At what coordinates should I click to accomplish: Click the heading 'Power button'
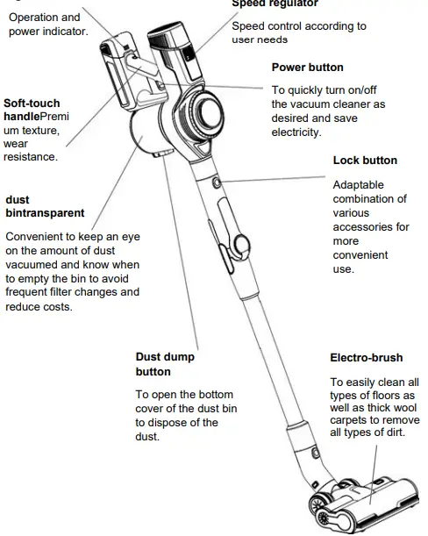point(307,68)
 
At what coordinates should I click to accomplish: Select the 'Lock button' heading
point(365,161)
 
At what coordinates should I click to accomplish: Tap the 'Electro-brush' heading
point(367,358)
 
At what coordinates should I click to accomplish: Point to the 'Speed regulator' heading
point(275,4)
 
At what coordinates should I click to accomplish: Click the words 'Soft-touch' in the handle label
point(32,104)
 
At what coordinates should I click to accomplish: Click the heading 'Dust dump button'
point(165,364)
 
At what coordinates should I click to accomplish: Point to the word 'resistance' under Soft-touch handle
point(31,157)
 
